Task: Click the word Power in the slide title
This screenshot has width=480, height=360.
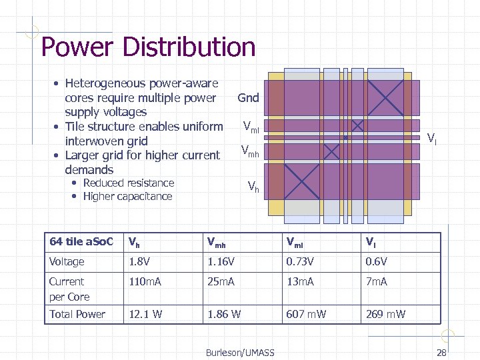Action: (x=71, y=47)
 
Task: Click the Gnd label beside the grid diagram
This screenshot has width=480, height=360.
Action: (x=248, y=98)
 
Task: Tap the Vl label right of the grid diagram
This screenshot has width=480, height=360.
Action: (x=432, y=139)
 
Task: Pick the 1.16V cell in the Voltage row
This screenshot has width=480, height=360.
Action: (x=220, y=262)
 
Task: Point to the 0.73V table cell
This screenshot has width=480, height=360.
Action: (x=300, y=262)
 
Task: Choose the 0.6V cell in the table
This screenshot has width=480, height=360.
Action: (x=377, y=262)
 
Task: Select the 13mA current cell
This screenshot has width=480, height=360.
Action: (x=301, y=282)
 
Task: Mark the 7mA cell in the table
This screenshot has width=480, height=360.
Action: (x=377, y=282)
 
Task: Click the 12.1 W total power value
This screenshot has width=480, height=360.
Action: (x=145, y=314)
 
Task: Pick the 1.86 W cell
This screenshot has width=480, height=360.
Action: (x=224, y=314)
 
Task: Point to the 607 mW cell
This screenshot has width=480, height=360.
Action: (x=306, y=314)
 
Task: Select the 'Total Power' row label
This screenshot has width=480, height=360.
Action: (x=77, y=314)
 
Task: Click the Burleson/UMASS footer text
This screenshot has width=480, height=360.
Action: (x=240, y=352)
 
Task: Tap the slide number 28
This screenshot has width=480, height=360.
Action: (x=441, y=352)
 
